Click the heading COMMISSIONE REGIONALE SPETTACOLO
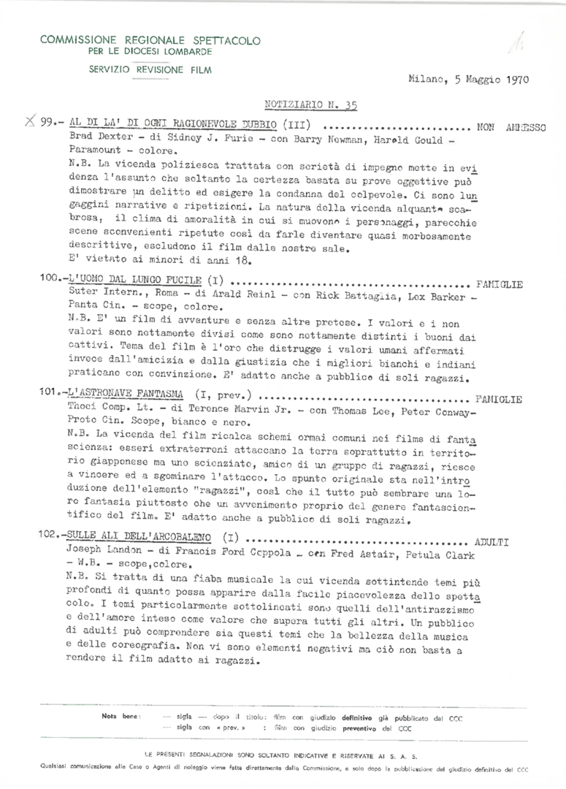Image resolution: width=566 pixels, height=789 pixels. point(150,40)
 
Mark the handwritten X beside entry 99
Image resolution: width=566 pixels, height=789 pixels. point(30,123)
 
